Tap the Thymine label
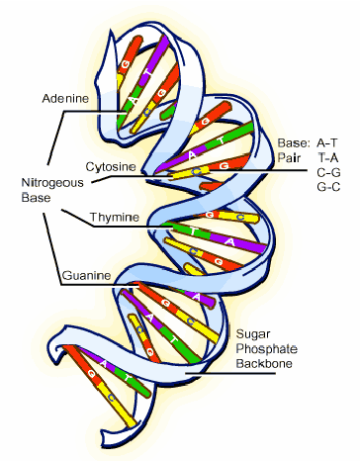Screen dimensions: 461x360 click(x=115, y=217)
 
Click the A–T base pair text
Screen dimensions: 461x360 click(x=325, y=142)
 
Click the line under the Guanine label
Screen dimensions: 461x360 click(x=99, y=287)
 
